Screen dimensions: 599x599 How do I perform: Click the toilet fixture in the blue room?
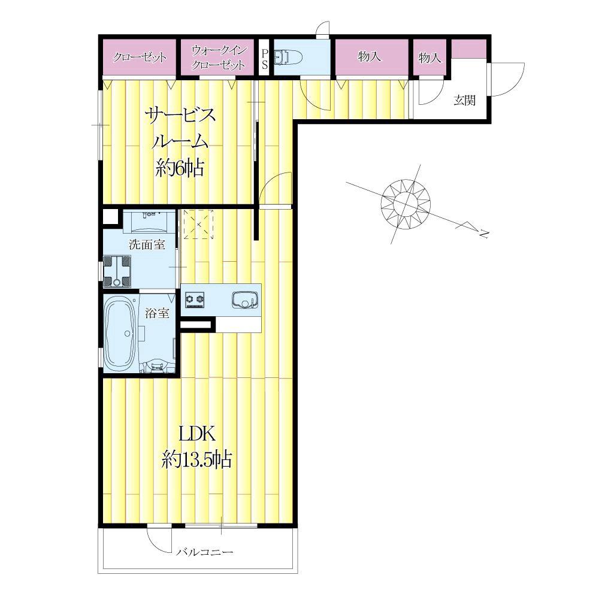289,58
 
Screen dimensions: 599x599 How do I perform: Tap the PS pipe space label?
264,58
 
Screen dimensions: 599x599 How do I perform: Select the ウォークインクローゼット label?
218,58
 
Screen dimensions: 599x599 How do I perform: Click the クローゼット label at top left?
140,58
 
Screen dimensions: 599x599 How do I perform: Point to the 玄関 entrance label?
465,101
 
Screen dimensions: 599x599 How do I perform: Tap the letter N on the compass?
484,234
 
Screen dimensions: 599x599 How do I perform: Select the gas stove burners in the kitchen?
195,299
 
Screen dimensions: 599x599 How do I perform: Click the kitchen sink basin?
245,299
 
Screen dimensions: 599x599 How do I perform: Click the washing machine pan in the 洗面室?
117,271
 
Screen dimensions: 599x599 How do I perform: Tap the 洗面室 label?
147,244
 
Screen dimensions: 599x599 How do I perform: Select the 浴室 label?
157,313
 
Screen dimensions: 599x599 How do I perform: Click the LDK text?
197,434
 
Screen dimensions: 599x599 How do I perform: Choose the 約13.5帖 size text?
197,459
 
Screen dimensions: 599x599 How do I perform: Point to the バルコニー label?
205,552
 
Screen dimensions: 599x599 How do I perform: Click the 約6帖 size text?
180,167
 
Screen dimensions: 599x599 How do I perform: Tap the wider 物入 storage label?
370,56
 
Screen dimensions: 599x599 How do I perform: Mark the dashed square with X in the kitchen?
198,224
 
